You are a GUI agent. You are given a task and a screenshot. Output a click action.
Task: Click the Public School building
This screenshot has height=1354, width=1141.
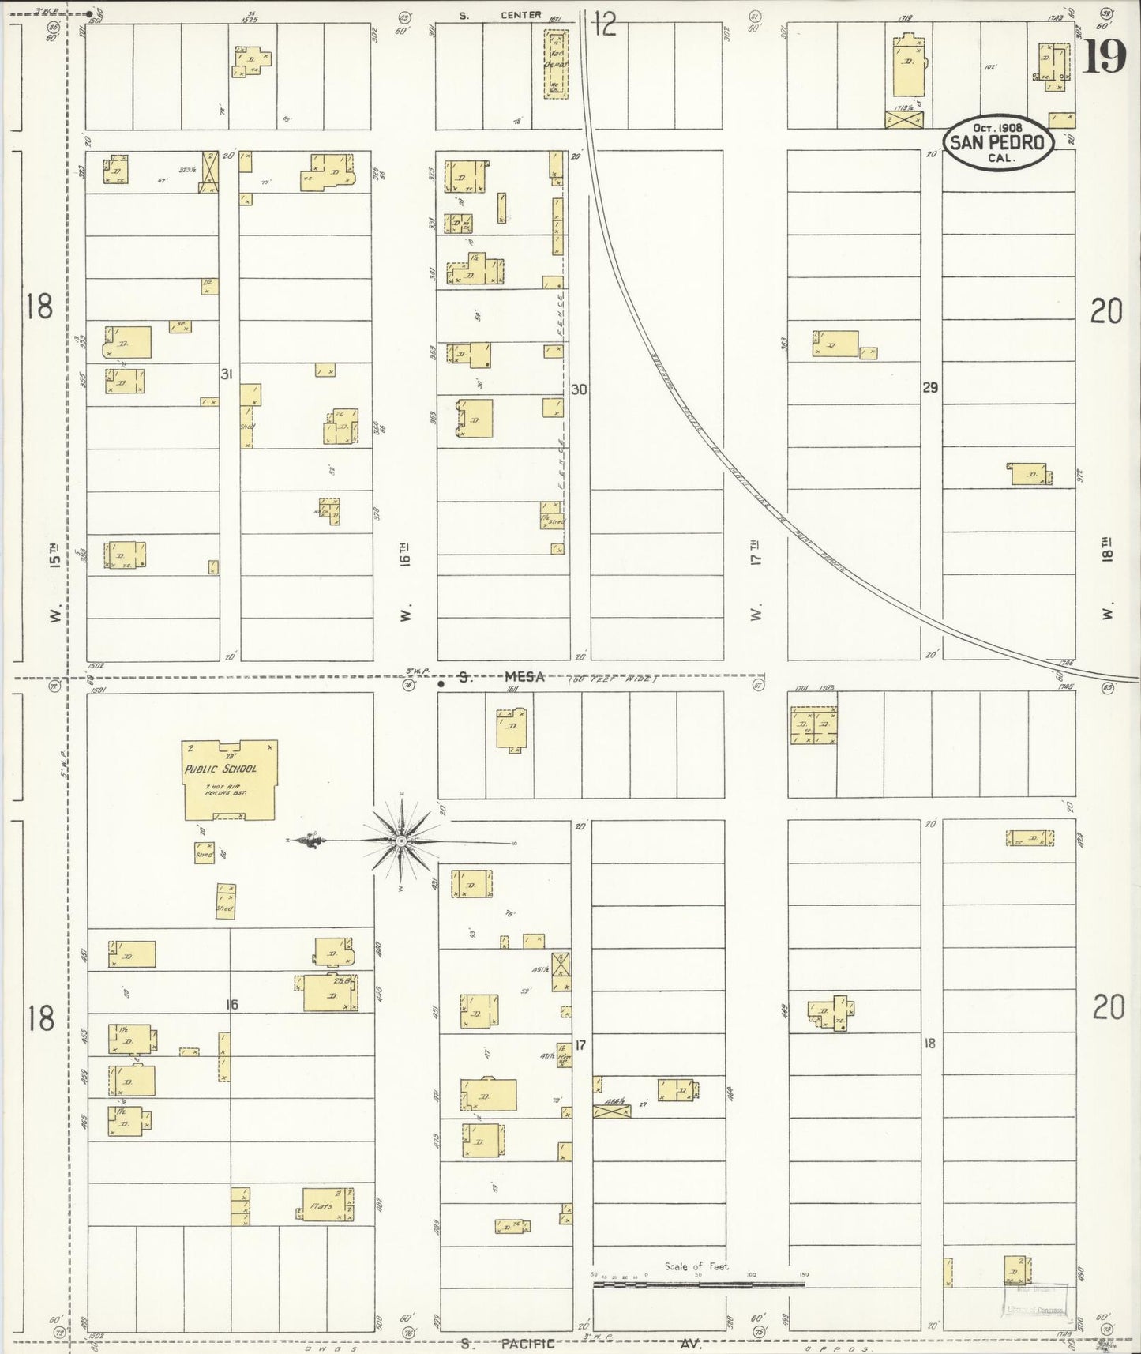click(x=229, y=780)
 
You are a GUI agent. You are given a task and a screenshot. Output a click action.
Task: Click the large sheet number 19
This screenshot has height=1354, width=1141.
click(x=1104, y=56)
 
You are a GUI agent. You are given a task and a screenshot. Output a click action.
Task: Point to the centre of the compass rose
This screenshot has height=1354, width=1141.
click(x=402, y=842)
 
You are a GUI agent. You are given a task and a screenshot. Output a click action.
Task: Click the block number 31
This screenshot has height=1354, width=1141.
click(x=227, y=374)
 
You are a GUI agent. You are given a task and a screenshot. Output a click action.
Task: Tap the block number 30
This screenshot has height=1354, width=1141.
click(x=580, y=389)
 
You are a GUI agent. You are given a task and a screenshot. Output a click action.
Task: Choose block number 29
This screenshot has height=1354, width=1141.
click(x=930, y=388)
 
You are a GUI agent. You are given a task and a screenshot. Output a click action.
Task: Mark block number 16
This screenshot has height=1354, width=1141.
click(x=231, y=1005)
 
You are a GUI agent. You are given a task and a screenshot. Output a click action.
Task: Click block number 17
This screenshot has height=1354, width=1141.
click(x=580, y=1045)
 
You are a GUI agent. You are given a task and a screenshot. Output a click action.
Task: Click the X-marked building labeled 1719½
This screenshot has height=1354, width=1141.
click(x=905, y=118)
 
